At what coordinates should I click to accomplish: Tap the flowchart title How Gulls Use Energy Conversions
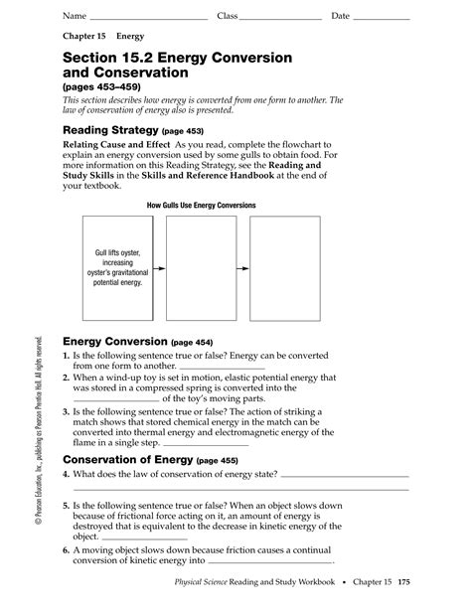point(201,206)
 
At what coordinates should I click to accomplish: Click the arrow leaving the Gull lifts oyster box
point(159,268)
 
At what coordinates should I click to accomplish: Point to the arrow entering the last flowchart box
point(242,268)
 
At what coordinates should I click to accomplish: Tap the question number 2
point(66,378)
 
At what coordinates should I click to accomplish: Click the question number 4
point(66,447)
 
